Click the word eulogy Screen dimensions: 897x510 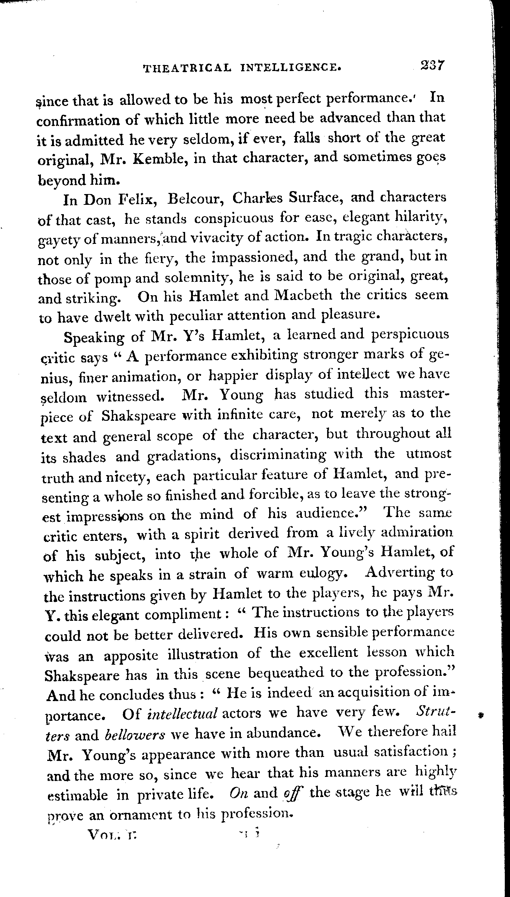323,574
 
